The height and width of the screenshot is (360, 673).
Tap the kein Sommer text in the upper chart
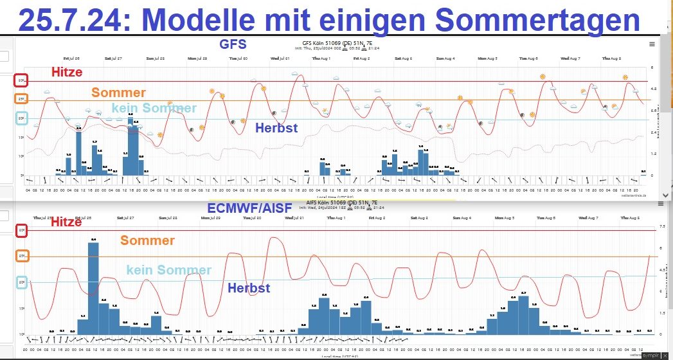[x=154, y=108]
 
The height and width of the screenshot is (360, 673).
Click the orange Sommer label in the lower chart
[x=147, y=240]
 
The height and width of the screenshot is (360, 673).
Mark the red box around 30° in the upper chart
[x=21, y=81]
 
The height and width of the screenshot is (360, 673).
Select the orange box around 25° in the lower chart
[x=21, y=256]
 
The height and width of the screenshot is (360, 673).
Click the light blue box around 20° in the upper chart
[x=21, y=119]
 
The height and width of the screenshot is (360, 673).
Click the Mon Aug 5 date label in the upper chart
[x=487, y=58]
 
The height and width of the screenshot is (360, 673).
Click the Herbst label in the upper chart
[x=276, y=128]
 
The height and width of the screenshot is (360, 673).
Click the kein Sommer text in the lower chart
[x=168, y=270]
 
